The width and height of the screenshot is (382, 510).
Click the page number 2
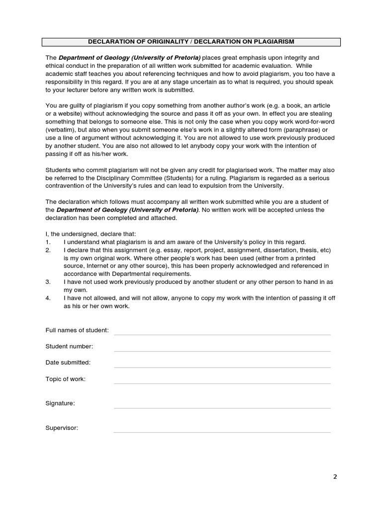pos(335,477)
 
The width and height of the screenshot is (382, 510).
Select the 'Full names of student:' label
pos(77,330)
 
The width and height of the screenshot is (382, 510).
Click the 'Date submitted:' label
pos(68,363)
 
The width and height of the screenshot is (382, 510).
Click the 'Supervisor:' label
pos(62,428)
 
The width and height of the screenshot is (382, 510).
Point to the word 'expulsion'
pos(222,186)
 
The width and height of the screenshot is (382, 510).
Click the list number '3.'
pos(48,282)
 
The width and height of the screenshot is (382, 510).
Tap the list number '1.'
pos(48,242)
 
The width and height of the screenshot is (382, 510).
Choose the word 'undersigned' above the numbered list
pos(80,234)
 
